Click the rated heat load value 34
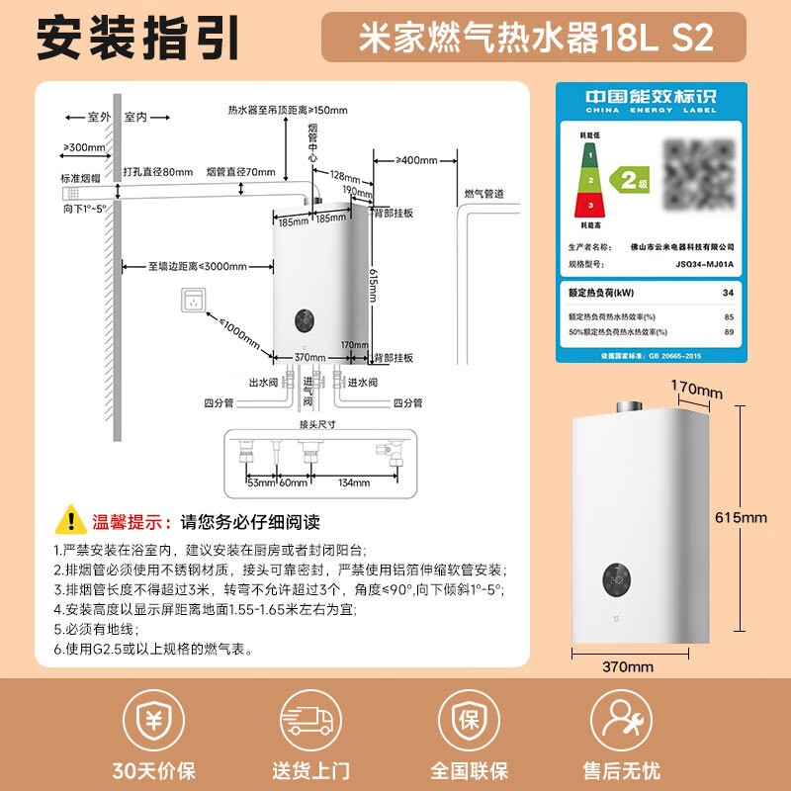pos(729,293)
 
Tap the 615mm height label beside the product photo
pos(741,517)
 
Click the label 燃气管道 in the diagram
pos(484,192)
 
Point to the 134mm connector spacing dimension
pos(354,483)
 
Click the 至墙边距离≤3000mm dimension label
pos(197,265)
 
